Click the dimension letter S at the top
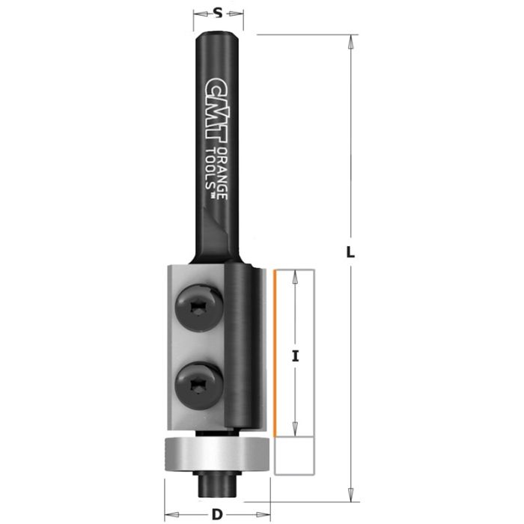pyautogui.click(x=217, y=12)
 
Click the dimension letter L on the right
pyautogui.click(x=349, y=253)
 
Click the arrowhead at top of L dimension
pyautogui.click(x=349, y=40)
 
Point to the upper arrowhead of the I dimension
pyautogui.click(x=296, y=275)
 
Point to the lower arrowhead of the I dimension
pyautogui.click(x=296, y=430)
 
